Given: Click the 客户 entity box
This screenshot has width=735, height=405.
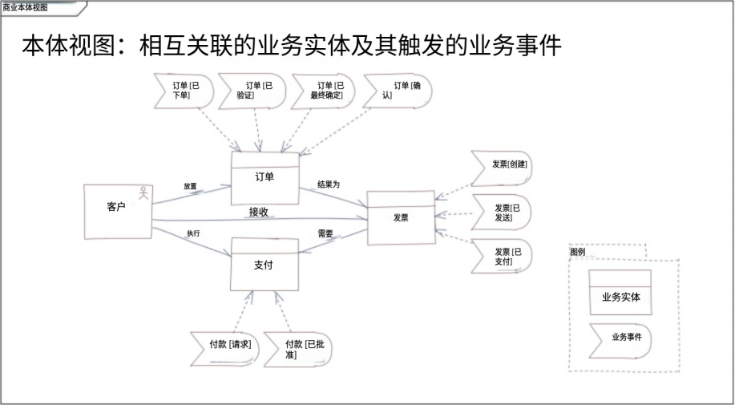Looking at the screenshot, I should [118, 209].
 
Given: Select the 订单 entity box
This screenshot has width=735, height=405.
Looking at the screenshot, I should [265, 179].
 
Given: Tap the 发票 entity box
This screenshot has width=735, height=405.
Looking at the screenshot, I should [401, 217].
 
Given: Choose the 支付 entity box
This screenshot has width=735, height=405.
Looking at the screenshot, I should [265, 265].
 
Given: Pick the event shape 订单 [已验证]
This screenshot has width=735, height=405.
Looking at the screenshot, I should [252, 91].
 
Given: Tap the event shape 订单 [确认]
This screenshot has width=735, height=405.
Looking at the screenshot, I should [398, 91].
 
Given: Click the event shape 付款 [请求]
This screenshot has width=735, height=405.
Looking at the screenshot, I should [225, 345].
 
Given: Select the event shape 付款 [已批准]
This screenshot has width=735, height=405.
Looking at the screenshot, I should [301, 349].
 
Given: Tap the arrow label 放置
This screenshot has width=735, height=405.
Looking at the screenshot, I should [190, 186].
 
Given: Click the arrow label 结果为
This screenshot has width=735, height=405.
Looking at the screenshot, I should [329, 184].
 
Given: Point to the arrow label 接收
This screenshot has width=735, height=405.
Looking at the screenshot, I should [258, 213].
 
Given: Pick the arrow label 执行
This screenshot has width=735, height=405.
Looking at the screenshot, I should [193, 233].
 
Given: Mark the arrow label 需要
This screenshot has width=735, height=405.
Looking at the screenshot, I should [325, 234].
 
